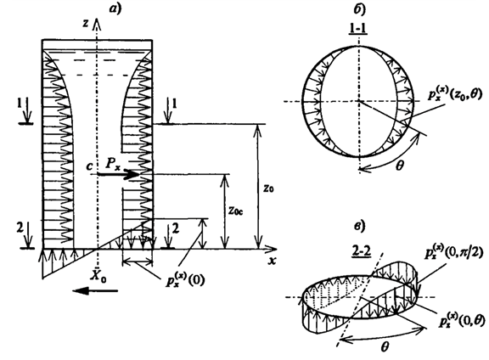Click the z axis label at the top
86,24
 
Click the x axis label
273,261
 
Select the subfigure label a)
115,8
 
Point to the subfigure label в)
360,226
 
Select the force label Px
112,163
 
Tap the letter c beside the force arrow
89,166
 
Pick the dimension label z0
268,188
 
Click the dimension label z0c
235,211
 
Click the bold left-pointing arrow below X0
95,291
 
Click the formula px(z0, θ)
454,93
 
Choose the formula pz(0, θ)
462,319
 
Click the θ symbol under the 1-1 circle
399,166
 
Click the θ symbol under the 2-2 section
385,346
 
